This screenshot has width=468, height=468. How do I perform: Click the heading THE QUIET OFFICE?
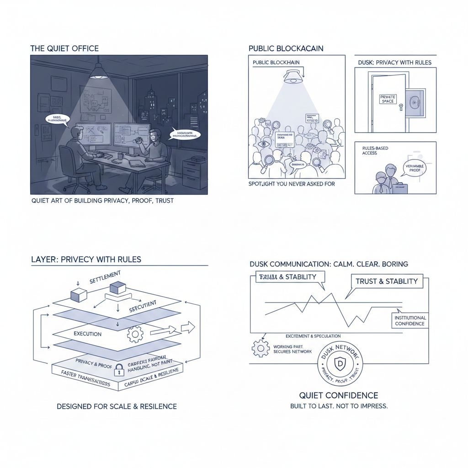[x=64, y=48]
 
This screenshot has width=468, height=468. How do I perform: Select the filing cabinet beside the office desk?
[x=194, y=173]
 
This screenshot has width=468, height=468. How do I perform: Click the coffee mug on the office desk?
[x=120, y=156]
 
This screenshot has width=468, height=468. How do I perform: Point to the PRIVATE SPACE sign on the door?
[x=388, y=99]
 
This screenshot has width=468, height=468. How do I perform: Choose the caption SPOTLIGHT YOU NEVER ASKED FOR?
[x=292, y=184]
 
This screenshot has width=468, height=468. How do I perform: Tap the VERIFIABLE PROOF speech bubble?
[x=415, y=169]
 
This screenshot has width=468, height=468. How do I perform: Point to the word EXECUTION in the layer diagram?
[x=87, y=334]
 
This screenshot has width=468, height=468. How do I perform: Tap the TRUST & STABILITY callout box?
[x=387, y=281]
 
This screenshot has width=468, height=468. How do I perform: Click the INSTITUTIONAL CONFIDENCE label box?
[x=410, y=321]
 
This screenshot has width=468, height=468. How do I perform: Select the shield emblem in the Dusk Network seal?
[x=340, y=365]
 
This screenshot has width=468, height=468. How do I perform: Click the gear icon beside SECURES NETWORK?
[x=260, y=349]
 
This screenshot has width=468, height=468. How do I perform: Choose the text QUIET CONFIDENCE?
[x=339, y=395]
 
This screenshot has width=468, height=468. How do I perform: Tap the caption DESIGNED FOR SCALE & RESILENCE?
[x=117, y=406]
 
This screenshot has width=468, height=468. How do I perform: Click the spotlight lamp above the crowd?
[x=292, y=75]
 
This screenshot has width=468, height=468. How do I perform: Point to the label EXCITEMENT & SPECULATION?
[x=313, y=336]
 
